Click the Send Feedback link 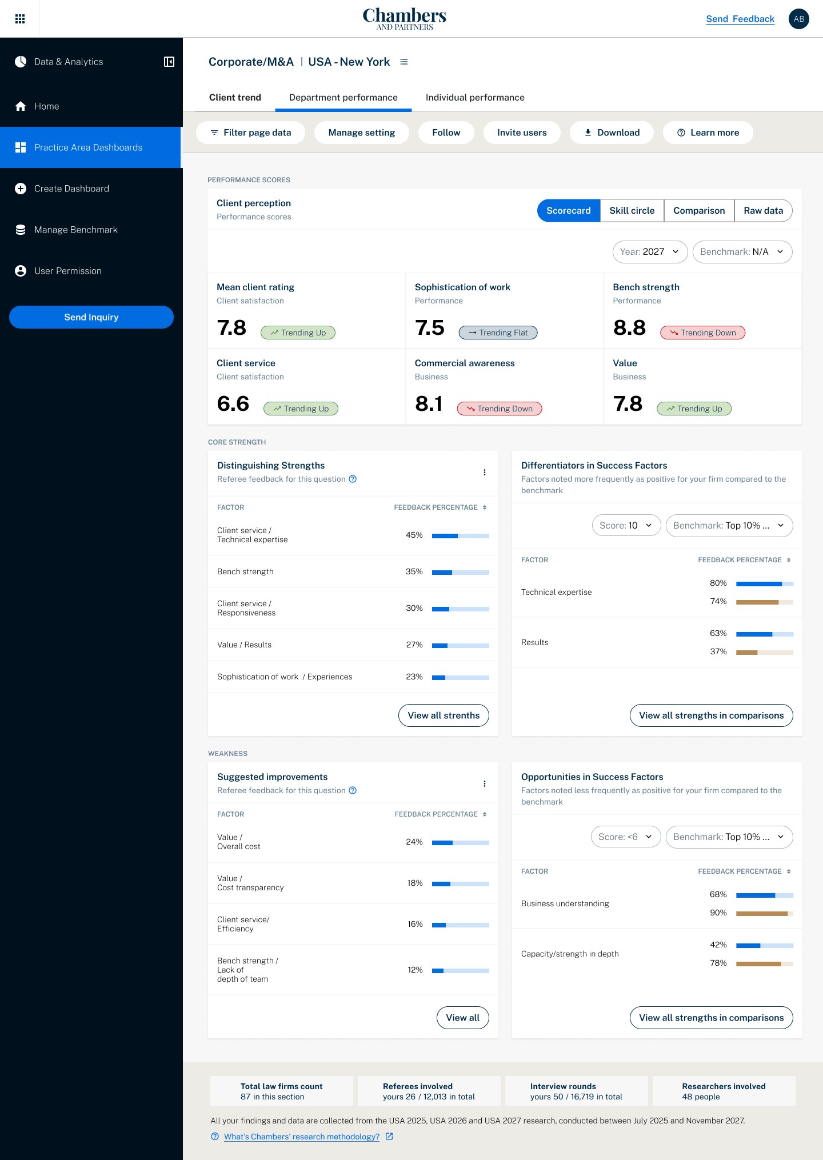(740, 19)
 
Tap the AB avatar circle (798, 19)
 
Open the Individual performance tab (475, 98)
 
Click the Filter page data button (250, 133)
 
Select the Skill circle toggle (632, 211)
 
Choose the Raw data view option (763, 211)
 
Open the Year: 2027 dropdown (650, 252)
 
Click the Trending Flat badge (498, 333)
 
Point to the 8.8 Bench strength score (629, 328)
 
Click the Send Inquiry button (91, 317)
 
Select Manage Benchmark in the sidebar (75, 230)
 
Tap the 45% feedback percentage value (414, 535)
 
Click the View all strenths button (444, 715)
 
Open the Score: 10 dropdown (626, 526)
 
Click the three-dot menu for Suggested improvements (485, 784)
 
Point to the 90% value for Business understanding (718, 913)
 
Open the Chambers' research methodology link (302, 1137)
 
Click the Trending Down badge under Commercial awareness (500, 409)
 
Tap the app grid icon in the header (20, 19)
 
